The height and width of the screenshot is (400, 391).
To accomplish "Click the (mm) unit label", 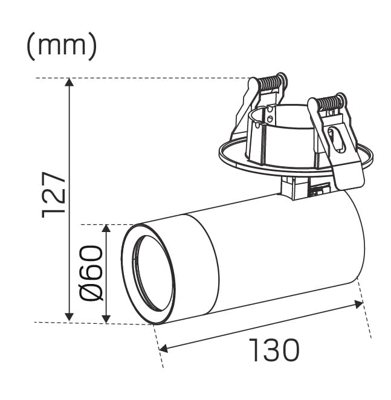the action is pos(62,46).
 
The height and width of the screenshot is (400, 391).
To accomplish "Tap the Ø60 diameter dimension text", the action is pos(91,273).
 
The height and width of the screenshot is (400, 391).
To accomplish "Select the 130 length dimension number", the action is pos(273,350).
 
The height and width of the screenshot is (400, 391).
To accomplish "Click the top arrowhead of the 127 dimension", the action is pos(69,82).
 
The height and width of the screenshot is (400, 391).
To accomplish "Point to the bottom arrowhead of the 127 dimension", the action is pos(69,317).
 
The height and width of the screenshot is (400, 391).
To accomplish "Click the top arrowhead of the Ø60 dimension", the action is pos(106,228).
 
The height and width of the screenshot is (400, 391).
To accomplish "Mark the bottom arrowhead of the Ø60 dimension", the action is pos(106,319).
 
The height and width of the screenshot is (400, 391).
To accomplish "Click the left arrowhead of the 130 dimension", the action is pos(163,348).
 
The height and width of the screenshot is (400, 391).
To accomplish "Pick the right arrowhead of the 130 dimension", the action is pos(358,305).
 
